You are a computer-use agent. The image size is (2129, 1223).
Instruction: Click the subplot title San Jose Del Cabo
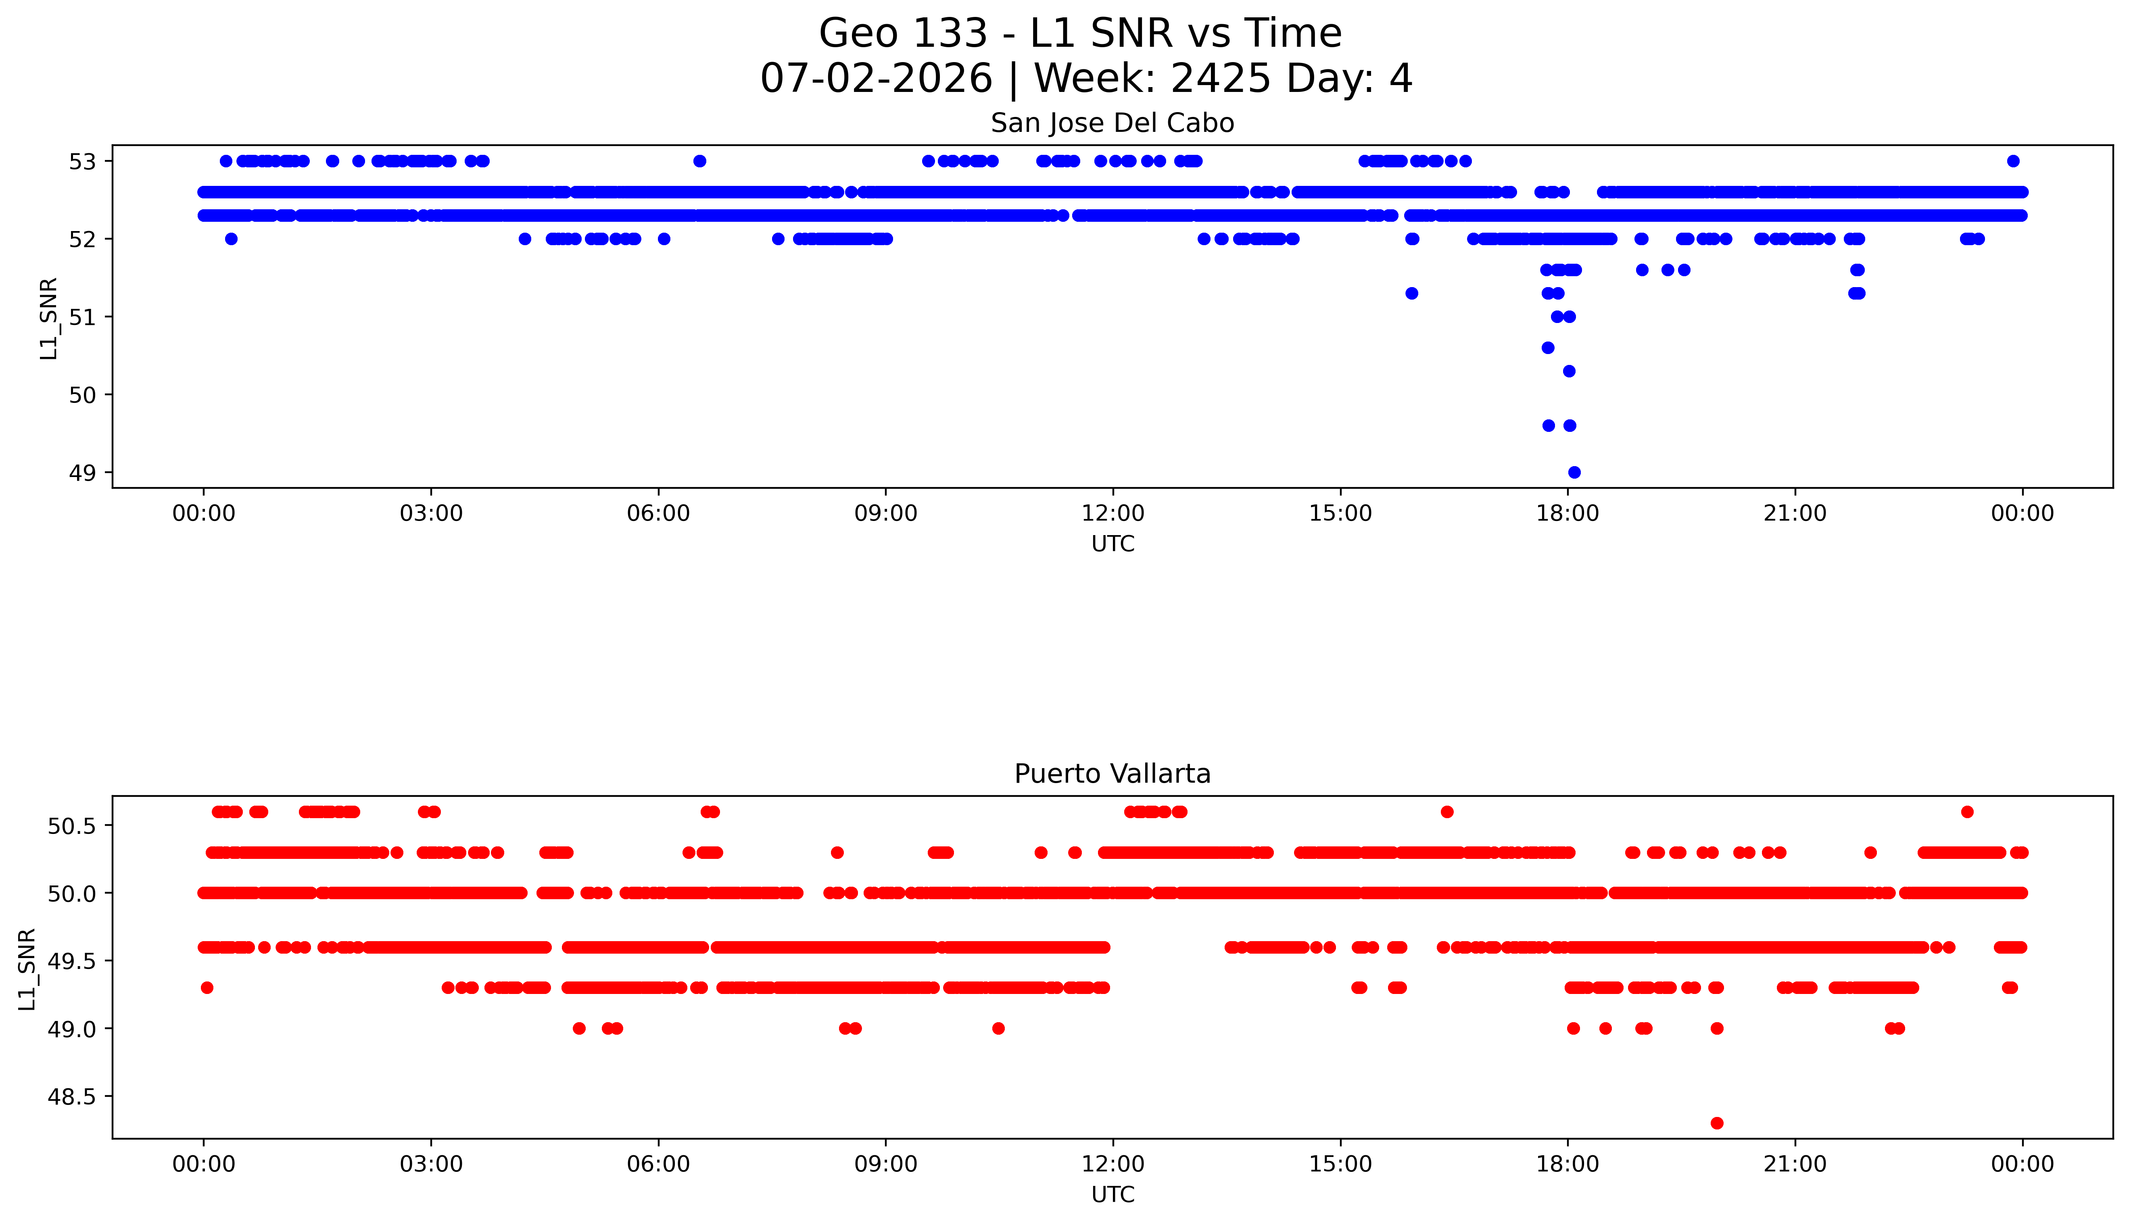click(1113, 123)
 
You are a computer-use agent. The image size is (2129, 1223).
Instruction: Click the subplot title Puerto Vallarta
click(1113, 774)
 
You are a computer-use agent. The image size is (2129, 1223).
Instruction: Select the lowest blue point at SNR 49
click(1574, 472)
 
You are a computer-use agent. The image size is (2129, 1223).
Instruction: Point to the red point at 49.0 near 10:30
click(998, 1028)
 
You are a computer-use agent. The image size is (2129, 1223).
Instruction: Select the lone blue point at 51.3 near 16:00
click(1411, 293)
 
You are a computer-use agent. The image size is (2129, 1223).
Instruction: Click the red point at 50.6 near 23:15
click(1967, 811)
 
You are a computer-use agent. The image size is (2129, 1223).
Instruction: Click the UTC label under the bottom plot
click(1113, 1194)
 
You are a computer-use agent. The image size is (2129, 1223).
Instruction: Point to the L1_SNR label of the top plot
click(49, 317)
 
